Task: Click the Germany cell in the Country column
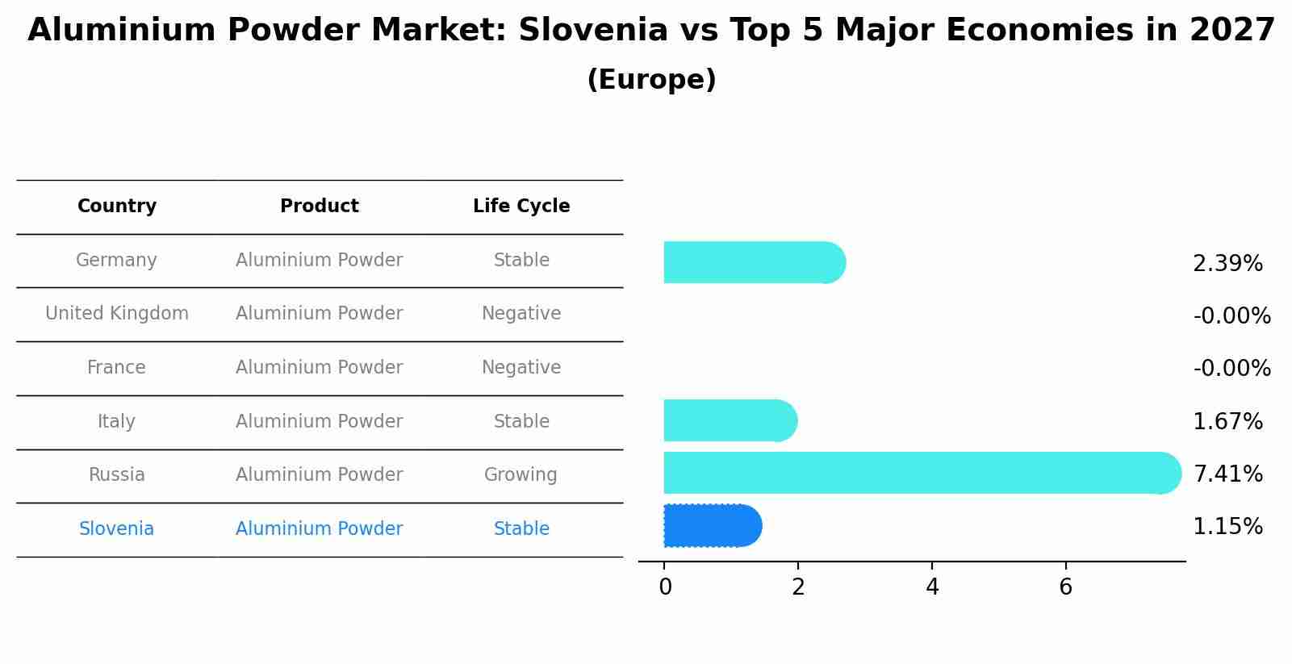point(116,261)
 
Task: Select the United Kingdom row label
point(116,314)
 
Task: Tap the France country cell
point(116,368)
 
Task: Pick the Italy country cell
point(116,422)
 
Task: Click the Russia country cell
point(116,475)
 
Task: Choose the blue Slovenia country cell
point(116,529)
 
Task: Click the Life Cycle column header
point(521,207)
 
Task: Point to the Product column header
point(319,207)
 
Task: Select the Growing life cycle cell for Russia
point(521,475)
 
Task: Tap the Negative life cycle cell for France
point(521,368)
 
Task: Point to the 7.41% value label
point(1227,474)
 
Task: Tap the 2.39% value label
point(1227,264)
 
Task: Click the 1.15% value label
point(1227,528)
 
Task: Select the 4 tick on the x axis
point(932,587)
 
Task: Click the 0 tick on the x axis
point(665,587)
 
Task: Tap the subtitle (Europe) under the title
point(651,80)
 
